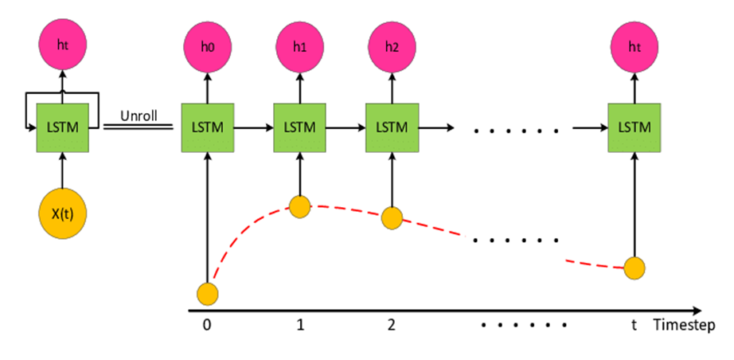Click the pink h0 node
pyautogui.click(x=207, y=46)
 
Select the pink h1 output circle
pyautogui.click(x=299, y=46)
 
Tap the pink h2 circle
pyautogui.click(x=391, y=46)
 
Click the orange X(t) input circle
pyautogui.click(x=62, y=214)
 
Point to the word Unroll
pyautogui.click(x=139, y=115)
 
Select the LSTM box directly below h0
pyautogui.click(x=207, y=127)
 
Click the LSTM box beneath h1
pyautogui.click(x=299, y=127)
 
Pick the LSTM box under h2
pyautogui.click(x=391, y=127)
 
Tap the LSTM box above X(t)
pyautogui.click(x=62, y=127)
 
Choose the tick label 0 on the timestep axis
pyautogui.click(x=208, y=325)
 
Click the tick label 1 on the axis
pyautogui.click(x=299, y=325)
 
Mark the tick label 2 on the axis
pyautogui.click(x=391, y=325)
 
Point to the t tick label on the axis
pyautogui.click(x=634, y=325)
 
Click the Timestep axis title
pyautogui.click(x=684, y=325)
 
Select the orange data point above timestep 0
pyautogui.click(x=208, y=293)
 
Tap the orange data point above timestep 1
pyautogui.click(x=299, y=207)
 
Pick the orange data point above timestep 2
pyautogui.click(x=391, y=217)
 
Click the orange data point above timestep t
pyautogui.click(x=634, y=268)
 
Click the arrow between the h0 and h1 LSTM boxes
pyautogui.click(x=253, y=127)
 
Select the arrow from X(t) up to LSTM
pyautogui.click(x=62, y=172)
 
